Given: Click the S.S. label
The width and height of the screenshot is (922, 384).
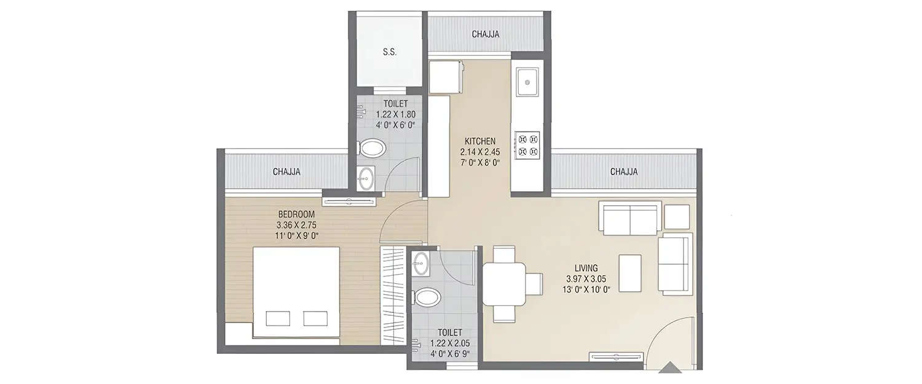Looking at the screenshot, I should point(390,52).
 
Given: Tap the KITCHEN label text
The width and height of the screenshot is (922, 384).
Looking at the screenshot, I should point(480,141).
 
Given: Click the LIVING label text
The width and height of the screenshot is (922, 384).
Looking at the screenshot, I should point(587,268).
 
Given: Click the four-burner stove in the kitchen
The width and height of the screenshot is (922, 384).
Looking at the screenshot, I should point(527,144).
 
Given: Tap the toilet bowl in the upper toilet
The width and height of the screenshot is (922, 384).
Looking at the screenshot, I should point(372,147).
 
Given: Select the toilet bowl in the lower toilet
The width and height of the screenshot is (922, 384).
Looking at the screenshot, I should point(428,298).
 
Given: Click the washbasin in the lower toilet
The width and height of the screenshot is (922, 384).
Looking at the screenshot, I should point(421,264).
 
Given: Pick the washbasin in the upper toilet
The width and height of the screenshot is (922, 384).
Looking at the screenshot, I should point(366,178).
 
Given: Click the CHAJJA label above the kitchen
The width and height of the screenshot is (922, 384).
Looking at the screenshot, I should point(486,34).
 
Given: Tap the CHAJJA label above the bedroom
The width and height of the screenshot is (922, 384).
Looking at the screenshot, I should point(286,172).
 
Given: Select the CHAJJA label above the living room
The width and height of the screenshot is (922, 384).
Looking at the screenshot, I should point(624,172).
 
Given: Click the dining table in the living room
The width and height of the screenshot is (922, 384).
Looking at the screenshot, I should point(504,284).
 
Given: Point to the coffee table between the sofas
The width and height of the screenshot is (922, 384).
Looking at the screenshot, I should point(630,273).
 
